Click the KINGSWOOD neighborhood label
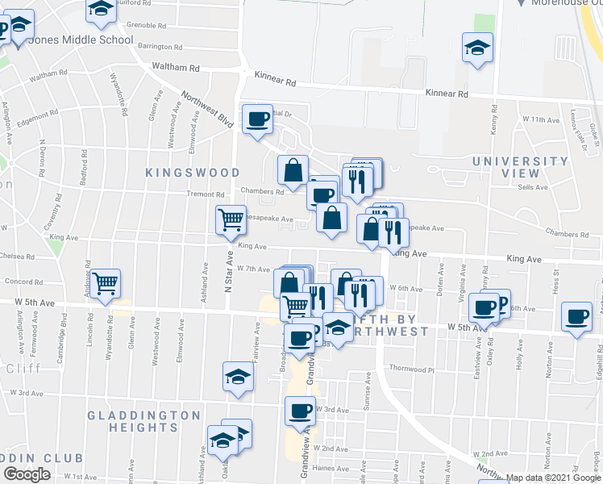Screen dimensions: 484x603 click(x=193, y=173)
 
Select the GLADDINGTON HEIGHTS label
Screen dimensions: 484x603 click(x=145, y=422)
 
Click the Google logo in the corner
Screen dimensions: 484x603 click(x=27, y=474)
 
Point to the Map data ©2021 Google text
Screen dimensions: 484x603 click(x=553, y=478)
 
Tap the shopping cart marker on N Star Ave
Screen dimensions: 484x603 click(x=231, y=219)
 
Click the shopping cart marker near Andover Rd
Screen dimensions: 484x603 click(x=106, y=284)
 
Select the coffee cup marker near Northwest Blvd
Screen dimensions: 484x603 click(x=257, y=119)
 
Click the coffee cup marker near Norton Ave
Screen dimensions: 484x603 click(x=577, y=317)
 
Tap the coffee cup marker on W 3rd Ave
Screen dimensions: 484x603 click(x=300, y=411)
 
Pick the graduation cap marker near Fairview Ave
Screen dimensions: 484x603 click(x=239, y=377)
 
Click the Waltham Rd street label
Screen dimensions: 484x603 click(x=181, y=69)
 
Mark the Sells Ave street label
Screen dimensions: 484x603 click(x=533, y=187)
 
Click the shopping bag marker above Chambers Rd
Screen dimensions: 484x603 click(x=292, y=170)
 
